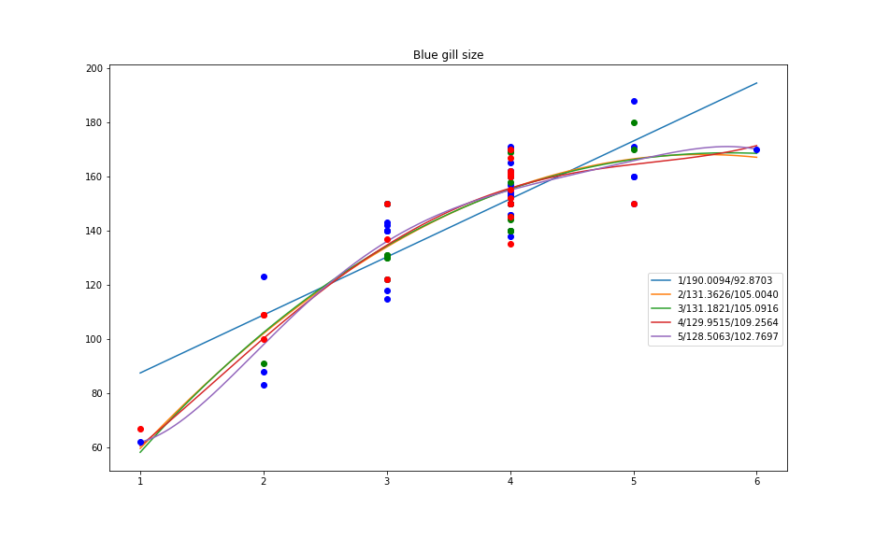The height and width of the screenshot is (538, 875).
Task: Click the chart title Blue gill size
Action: pyautogui.click(x=448, y=55)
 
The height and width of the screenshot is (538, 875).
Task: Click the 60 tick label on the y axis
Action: pyautogui.click(x=94, y=448)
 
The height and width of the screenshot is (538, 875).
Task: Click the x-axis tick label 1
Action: pyautogui.click(x=140, y=482)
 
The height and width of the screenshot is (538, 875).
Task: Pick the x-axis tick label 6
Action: pyautogui.click(x=757, y=482)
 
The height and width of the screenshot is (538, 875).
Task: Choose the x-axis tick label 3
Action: pyautogui.click(x=387, y=482)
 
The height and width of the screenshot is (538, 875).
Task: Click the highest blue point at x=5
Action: pyautogui.click(x=634, y=101)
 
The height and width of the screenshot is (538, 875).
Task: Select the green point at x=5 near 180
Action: pyautogui.click(x=634, y=122)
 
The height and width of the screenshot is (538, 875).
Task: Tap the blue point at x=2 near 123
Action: pyautogui.click(x=264, y=276)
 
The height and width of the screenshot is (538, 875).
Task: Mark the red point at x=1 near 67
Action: pyautogui.click(x=140, y=429)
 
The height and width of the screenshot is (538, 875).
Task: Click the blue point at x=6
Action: pyautogui.click(x=756, y=149)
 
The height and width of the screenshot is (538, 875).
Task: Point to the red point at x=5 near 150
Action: pyautogui.click(x=634, y=204)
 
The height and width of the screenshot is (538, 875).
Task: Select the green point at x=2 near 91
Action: pyautogui.click(x=264, y=363)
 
